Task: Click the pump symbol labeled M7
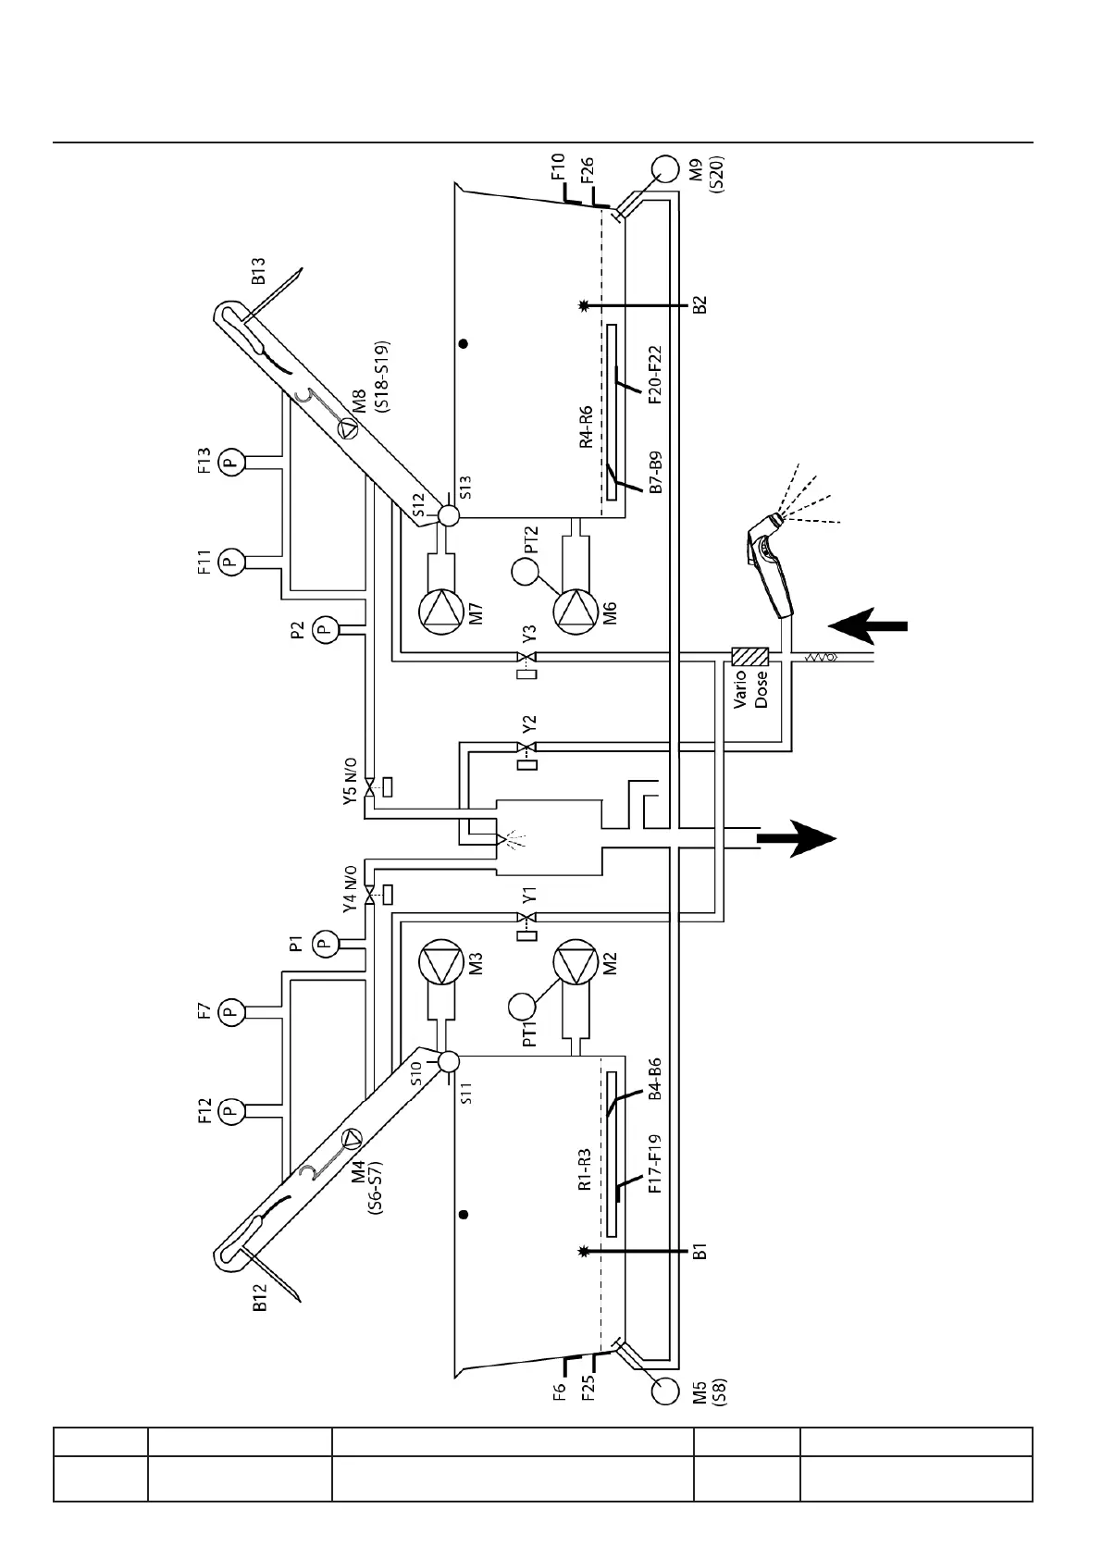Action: coord(440,611)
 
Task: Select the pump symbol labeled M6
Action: coord(576,611)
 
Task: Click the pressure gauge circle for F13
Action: coord(232,460)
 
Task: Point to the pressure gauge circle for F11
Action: coord(232,561)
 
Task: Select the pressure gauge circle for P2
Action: coord(324,630)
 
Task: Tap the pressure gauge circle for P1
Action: coord(324,944)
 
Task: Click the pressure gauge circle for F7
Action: coord(232,1013)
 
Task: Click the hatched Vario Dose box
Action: coord(749,657)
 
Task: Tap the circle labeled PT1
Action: coord(525,1006)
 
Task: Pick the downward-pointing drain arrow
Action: coord(797,839)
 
